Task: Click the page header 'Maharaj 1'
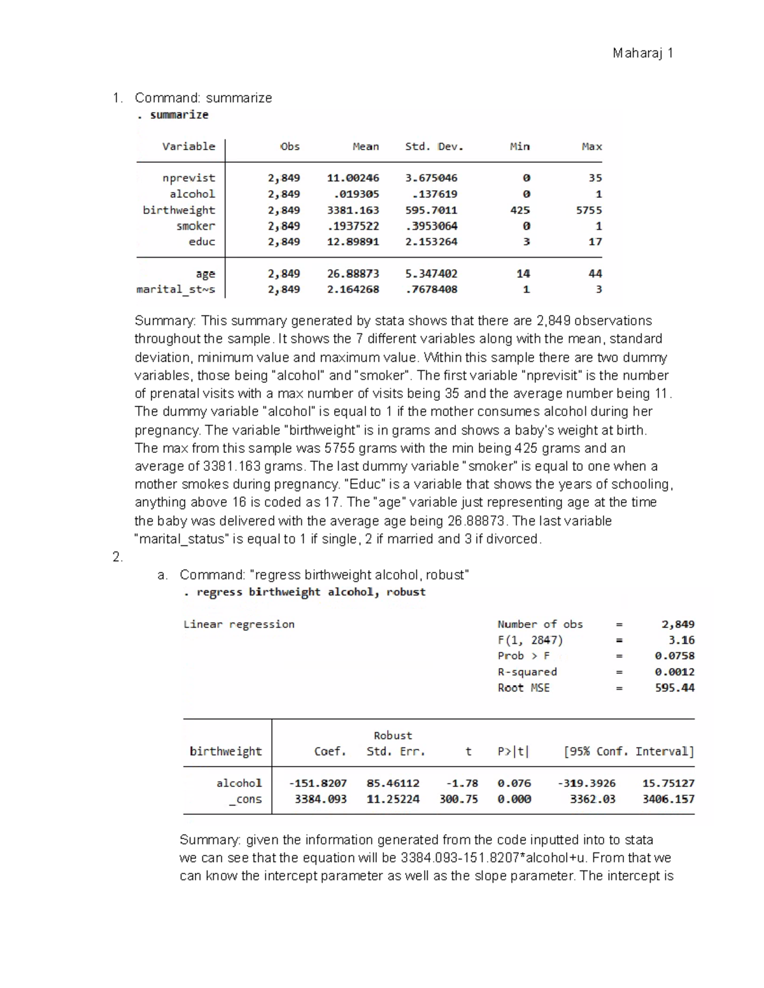coord(642,53)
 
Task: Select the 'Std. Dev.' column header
coord(434,146)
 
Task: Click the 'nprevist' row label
coord(188,178)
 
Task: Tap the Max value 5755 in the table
coord(588,210)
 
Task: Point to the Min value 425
coord(520,210)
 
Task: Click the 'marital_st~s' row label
coord(176,289)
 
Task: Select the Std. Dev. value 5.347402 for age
coord(431,274)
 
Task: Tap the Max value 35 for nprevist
coord(595,178)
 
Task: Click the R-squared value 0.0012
coord(674,672)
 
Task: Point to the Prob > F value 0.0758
coord(674,656)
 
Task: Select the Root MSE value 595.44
coord(674,688)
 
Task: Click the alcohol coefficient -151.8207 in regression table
coord(318,783)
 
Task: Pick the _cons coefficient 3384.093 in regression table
coord(320,799)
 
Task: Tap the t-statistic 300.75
coord(458,799)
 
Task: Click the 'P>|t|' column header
coord(513,751)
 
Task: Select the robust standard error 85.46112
coord(393,783)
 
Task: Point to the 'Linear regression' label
coord(239,624)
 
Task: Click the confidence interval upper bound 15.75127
coord(668,783)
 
